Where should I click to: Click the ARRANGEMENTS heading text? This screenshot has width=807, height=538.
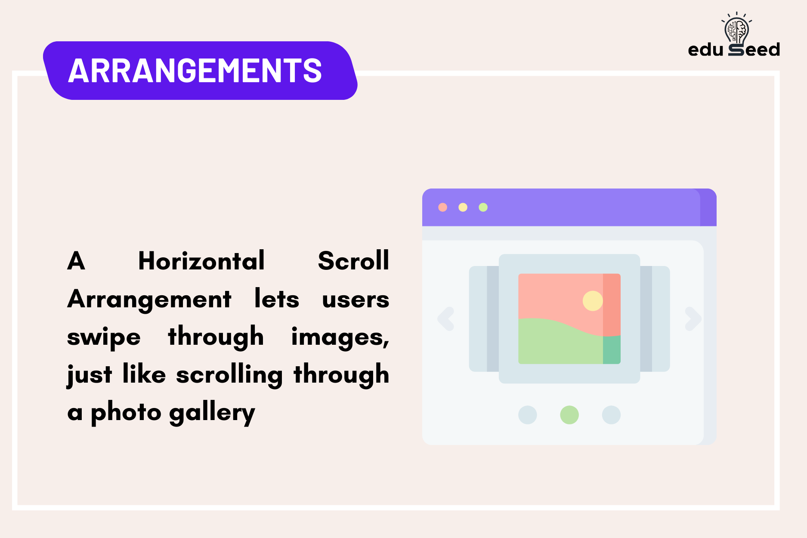tap(195, 71)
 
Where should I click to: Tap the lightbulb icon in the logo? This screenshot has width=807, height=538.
tap(736, 30)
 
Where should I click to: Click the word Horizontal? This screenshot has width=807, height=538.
tap(201, 261)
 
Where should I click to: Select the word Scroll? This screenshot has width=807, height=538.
tap(353, 261)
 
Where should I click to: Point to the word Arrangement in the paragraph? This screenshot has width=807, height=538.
tap(149, 299)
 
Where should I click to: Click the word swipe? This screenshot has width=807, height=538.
tap(104, 337)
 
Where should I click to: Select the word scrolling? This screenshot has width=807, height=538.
tap(229, 375)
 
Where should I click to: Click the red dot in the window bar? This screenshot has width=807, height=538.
tap(442, 207)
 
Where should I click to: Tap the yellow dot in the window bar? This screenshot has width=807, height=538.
tap(463, 207)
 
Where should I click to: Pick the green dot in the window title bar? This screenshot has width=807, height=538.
tap(483, 207)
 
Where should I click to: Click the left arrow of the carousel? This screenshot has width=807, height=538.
tap(446, 319)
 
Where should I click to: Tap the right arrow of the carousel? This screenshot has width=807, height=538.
tap(693, 319)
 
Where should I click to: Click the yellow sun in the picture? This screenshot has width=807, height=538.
tap(593, 301)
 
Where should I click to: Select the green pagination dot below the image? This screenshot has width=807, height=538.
tap(569, 415)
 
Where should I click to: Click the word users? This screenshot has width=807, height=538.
tap(356, 299)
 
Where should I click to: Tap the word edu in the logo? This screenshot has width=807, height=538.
tap(705, 50)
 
